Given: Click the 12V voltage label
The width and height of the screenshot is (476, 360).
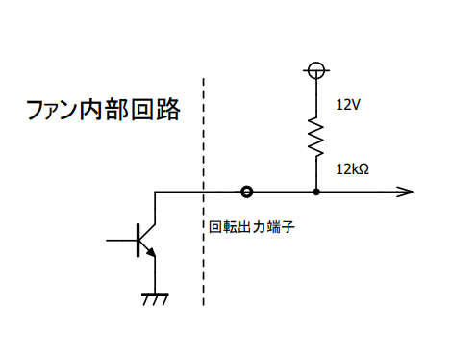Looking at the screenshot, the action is (348, 105).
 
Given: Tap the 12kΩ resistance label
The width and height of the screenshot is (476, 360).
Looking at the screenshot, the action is (352, 169).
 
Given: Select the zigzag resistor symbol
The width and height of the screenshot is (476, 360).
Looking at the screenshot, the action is (316, 137).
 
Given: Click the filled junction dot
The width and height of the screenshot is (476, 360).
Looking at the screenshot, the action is (316, 192).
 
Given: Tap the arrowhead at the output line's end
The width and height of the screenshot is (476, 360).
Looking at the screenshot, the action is (406, 192).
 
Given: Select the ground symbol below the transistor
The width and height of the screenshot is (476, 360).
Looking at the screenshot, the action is (156, 298).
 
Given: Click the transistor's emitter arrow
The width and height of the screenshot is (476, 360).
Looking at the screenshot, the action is (151, 252).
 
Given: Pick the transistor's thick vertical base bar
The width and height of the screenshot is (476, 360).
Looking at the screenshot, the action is (138, 241).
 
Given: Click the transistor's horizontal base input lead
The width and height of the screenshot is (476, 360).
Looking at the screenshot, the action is (121, 240).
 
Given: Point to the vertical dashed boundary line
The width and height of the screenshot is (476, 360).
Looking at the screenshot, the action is (203, 192).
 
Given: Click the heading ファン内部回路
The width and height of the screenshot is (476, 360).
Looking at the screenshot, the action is (103, 110).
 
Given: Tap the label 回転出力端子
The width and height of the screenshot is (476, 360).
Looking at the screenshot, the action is (252, 227).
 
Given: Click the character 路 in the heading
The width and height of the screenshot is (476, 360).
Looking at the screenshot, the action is (168, 110).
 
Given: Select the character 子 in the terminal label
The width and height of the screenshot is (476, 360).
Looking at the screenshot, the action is (288, 227).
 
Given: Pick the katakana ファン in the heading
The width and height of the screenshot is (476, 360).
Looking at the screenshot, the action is (52, 110).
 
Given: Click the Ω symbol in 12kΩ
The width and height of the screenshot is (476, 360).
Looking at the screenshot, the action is (363, 169).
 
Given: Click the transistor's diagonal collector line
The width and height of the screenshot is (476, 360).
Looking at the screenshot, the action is (147, 232).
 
